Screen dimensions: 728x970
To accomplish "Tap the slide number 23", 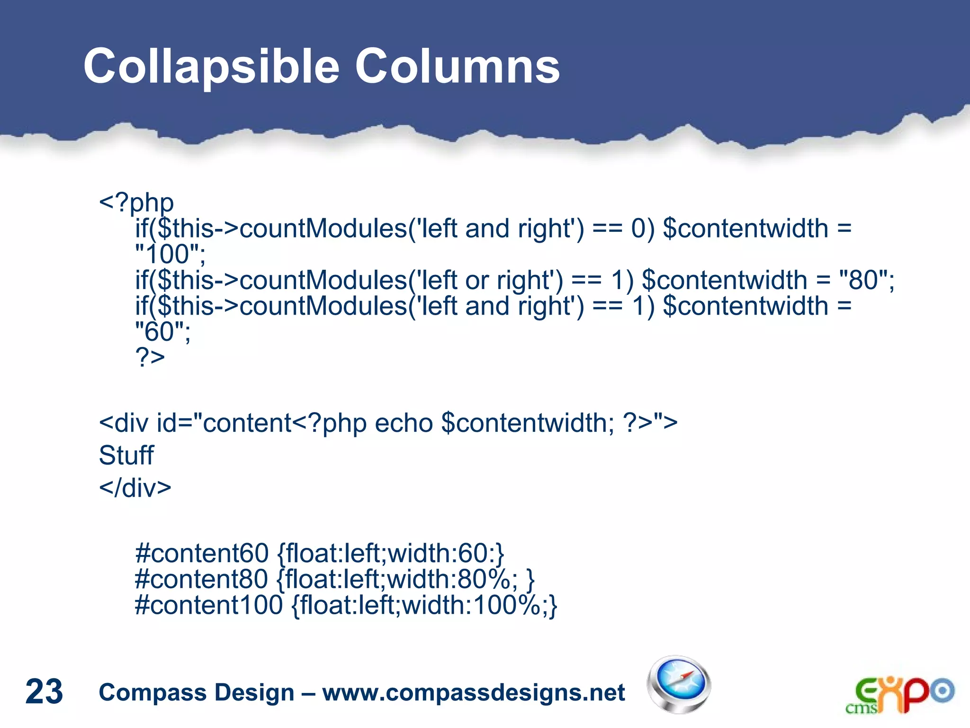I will (x=44, y=692).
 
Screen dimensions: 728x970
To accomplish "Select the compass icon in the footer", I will (x=678, y=684).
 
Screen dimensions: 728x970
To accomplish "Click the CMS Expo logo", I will (x=899, y=694).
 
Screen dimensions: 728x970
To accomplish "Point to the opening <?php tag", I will (x=136, y=203).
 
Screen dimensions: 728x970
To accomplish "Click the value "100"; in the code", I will (x=170, y=255).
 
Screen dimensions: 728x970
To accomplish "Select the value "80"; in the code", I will (x=866, y=280).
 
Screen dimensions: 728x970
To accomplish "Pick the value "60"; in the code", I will (x=162, y=332).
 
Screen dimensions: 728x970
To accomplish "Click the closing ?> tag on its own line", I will (x=150, y=357).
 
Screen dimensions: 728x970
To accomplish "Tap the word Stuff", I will (x=126, y=455).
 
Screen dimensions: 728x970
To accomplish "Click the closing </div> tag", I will (x=135, y=488).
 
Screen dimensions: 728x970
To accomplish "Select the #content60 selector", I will (x=202, y=553).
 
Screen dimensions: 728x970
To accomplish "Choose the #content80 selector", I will (x=202, y=579).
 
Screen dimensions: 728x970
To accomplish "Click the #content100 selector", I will (x=209, y=605).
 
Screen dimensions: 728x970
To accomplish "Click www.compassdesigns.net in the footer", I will (x=473, y=692).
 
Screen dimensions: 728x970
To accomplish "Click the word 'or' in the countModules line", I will (x=476, y=281).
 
